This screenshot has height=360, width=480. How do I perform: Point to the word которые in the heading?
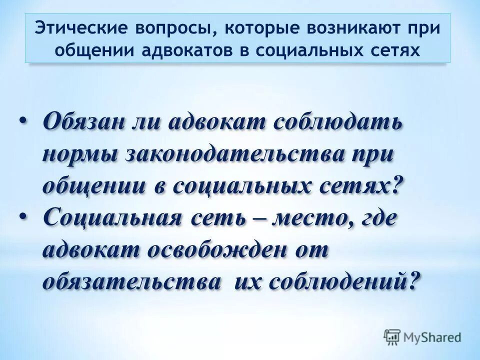pos(259,28)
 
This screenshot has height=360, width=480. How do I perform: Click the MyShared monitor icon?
pos(392,337)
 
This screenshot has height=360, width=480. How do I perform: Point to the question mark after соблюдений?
pos(410,281)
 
